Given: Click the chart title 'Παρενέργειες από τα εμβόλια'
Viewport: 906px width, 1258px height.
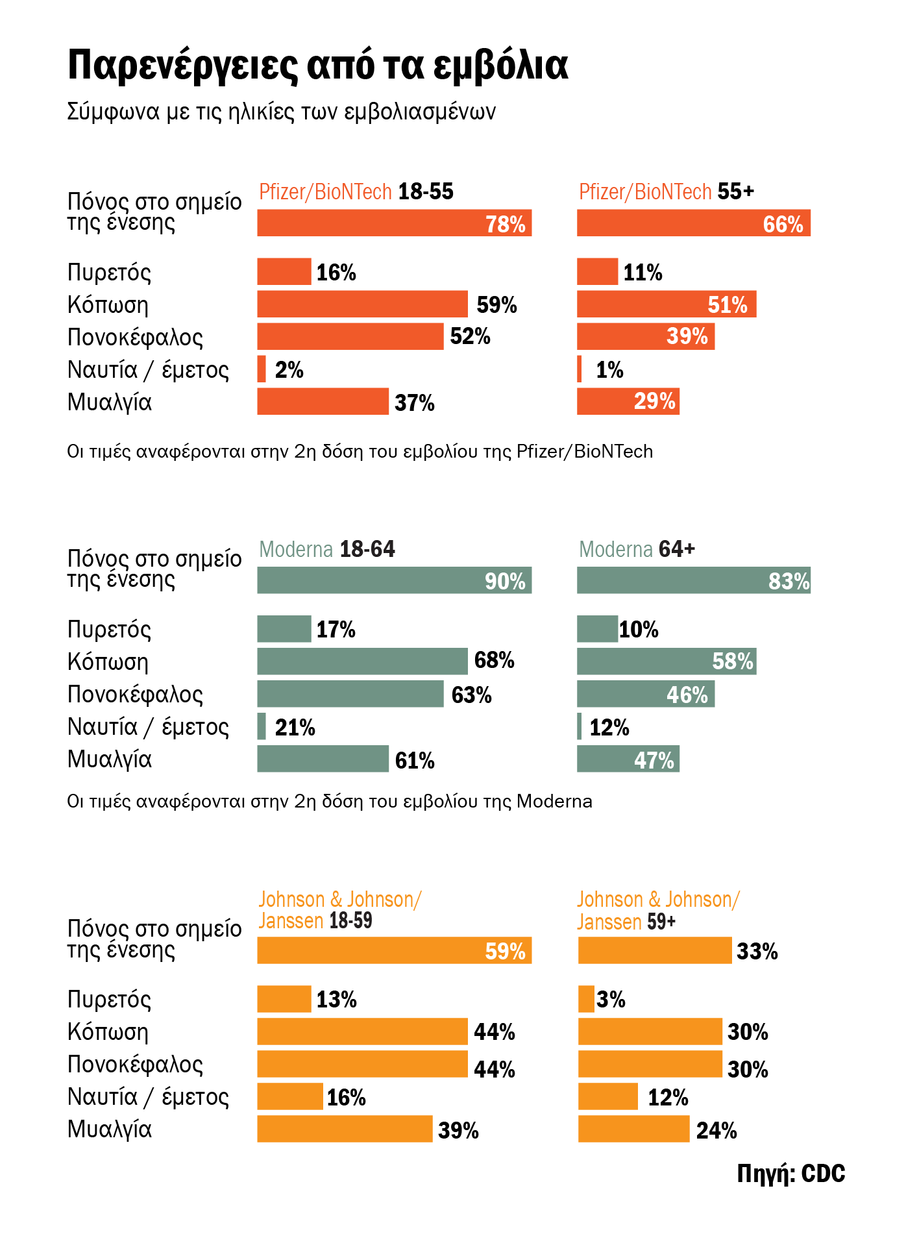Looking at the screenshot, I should (318, 66).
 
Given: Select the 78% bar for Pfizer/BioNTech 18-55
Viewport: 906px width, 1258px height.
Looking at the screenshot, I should (394, 223).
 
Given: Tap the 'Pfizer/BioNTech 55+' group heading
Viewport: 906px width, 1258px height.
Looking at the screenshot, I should (666, 192).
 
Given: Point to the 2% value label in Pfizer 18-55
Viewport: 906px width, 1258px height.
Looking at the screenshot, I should (289, 370).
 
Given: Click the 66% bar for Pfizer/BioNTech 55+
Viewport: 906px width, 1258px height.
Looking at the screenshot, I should (693, 223).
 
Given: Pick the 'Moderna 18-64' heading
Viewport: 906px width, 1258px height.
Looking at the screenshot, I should (326, 550).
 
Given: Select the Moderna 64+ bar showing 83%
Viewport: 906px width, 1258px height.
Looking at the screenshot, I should (693, 580).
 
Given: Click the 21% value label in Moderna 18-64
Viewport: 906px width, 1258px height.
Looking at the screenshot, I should (295, 728).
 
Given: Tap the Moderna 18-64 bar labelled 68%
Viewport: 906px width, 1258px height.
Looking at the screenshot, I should (362, 661).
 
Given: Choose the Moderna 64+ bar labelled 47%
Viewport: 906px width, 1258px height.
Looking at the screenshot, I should (628, 759).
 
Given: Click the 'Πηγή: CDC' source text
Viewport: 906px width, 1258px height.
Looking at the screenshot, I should (790, 1174).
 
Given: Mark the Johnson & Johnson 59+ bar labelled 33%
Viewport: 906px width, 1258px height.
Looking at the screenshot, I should (654, 950).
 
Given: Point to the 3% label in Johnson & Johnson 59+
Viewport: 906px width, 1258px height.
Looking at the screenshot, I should (611, 1000).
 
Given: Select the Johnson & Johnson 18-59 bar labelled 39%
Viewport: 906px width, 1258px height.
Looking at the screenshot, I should (345, 1129).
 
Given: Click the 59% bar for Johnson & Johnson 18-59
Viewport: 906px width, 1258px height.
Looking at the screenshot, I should (394, 950).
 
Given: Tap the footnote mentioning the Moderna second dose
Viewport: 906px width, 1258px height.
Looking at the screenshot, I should (329, 802).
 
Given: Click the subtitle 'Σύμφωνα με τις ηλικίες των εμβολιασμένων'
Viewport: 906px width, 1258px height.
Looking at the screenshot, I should (281, 112).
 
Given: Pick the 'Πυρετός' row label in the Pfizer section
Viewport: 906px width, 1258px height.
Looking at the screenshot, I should (109, 273).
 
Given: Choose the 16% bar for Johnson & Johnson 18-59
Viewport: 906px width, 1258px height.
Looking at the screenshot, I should (289, 1096).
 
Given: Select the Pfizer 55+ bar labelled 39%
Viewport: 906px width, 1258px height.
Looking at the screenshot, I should (645, 337).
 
